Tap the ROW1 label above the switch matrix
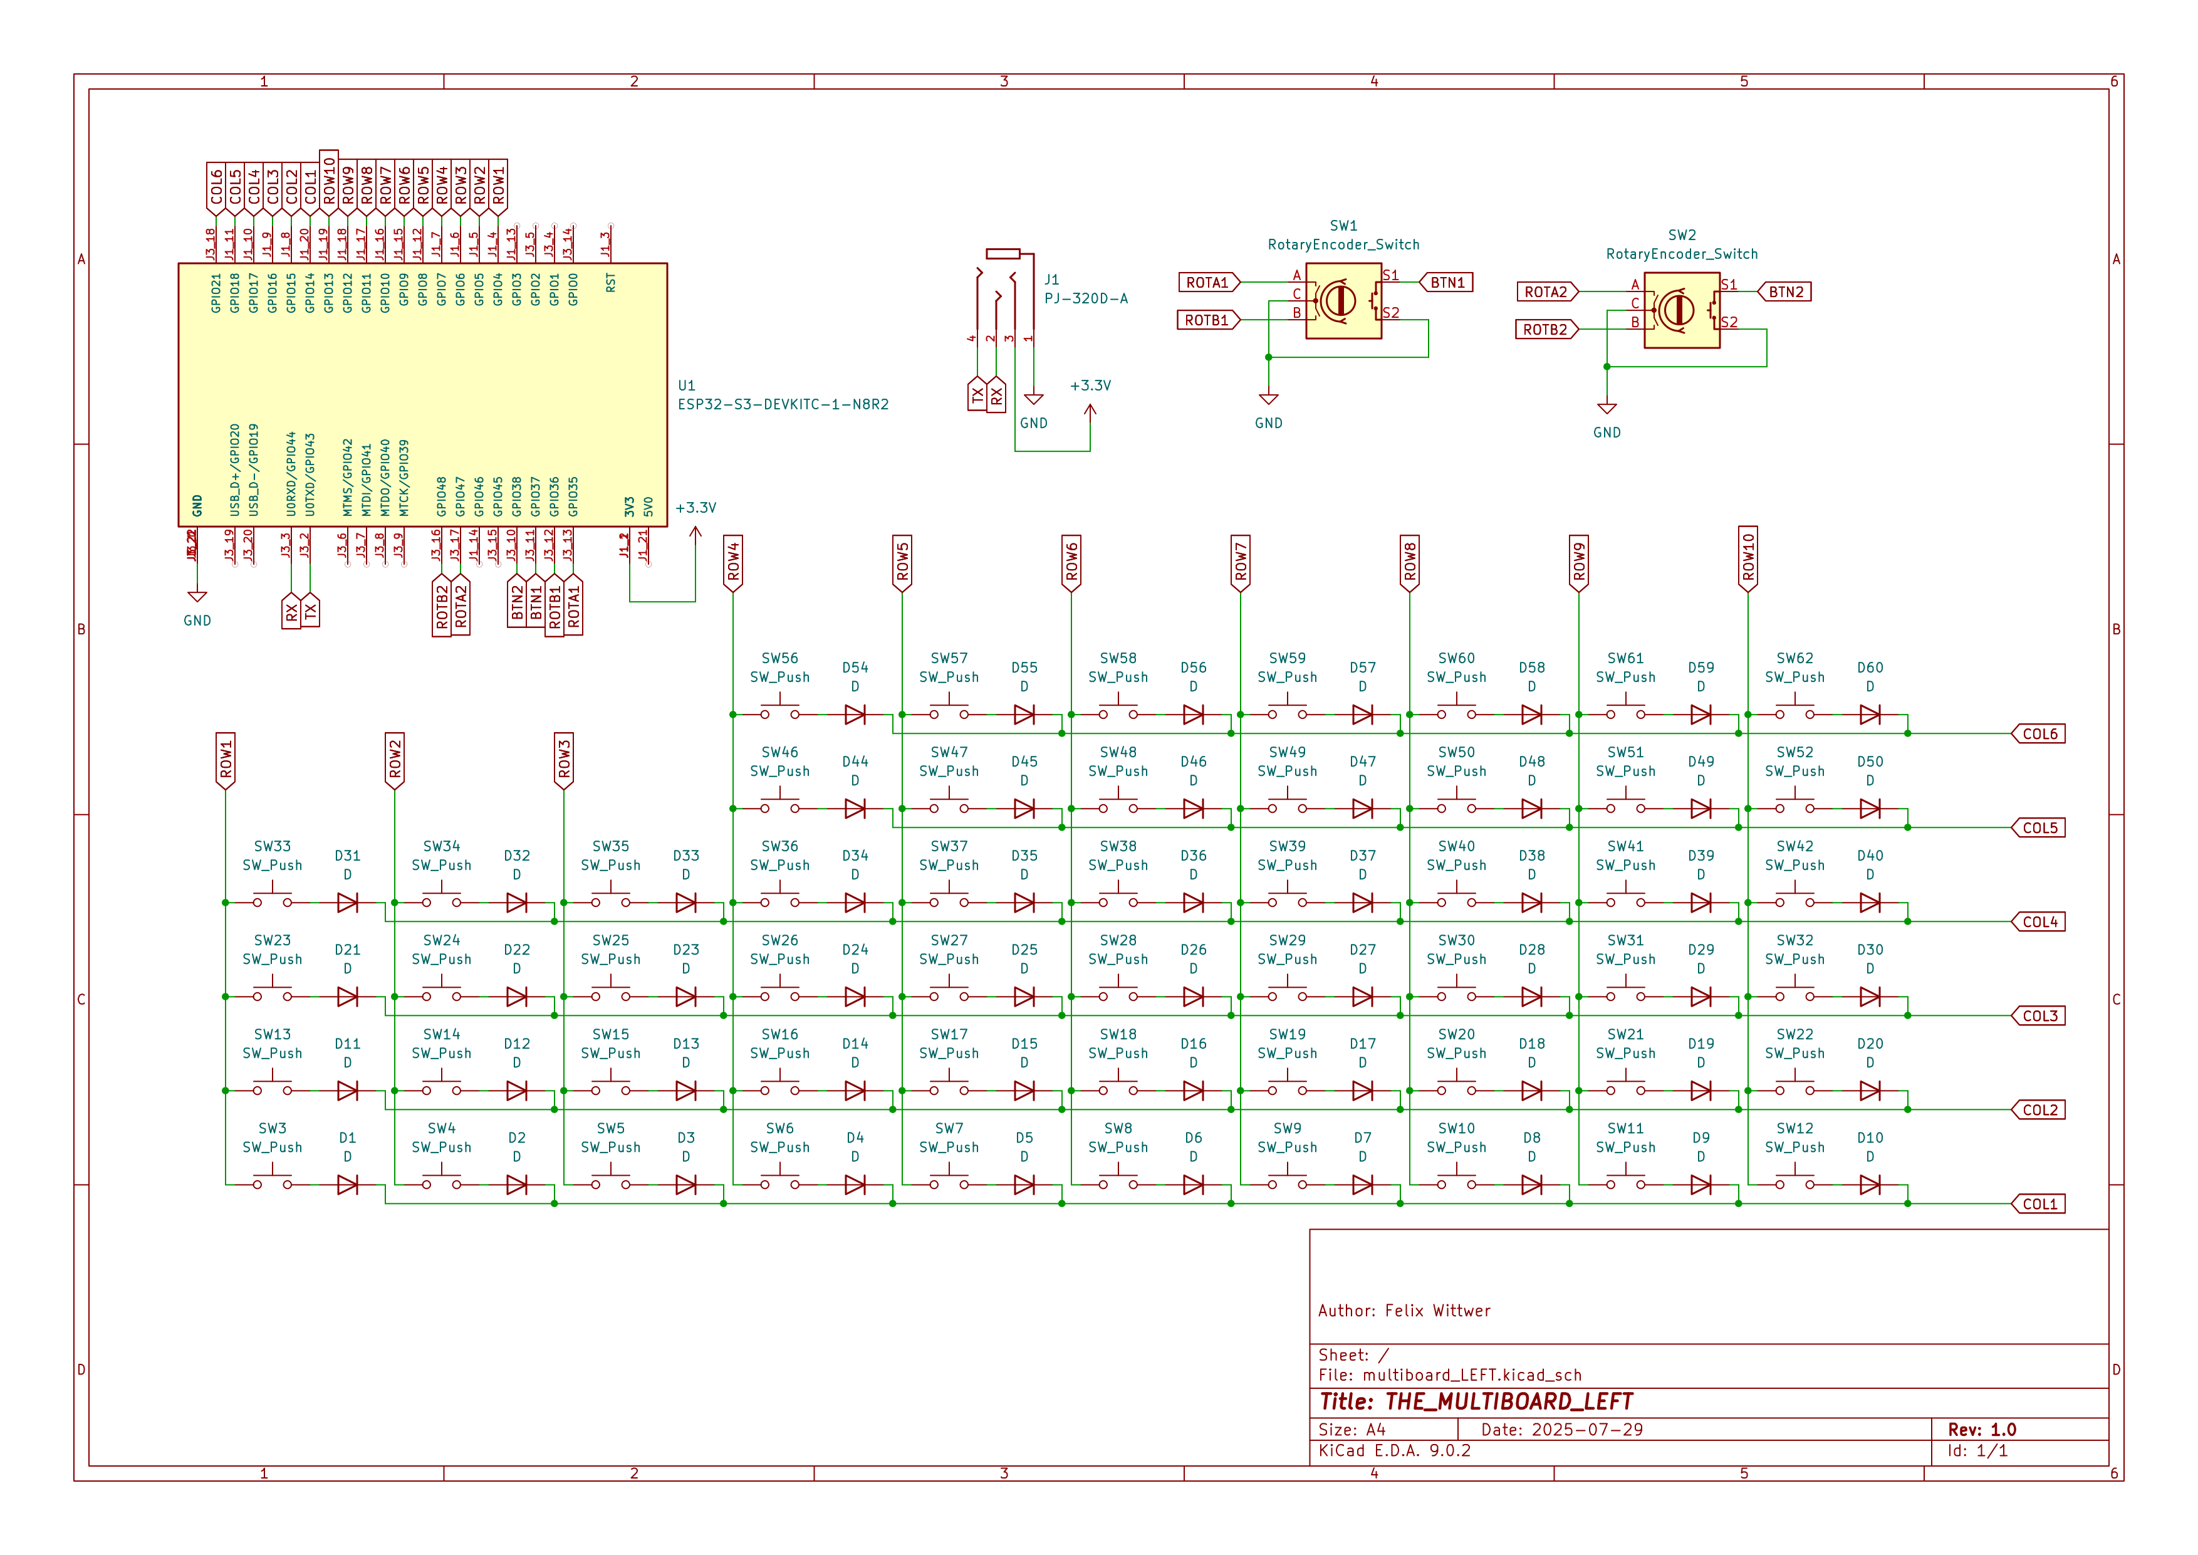click(226, 760)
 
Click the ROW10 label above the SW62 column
click(1748, 557)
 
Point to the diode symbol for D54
click(855, 715)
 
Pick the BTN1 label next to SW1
click(1447, 283)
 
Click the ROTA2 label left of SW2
click(1545, 292)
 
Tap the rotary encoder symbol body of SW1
click(1343, 301)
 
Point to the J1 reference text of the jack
click(1051, 280)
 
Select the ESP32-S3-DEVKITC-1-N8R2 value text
click(783, 404)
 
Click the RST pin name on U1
click(611, 283)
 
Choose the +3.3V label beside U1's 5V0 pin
click(696, 508)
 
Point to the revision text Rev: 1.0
click(1982, 1430)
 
